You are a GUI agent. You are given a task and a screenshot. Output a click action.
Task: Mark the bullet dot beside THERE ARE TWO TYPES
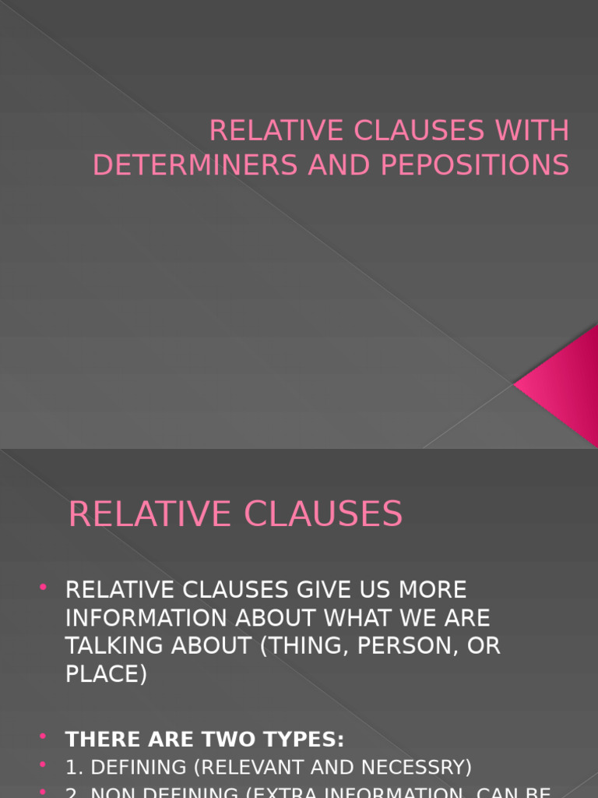tap(43, 736)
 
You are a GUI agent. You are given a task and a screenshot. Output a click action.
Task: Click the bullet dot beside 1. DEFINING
tap(43, 764)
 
